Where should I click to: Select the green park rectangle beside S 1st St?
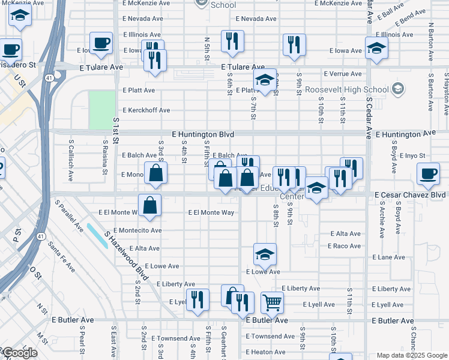(x=101, y=109)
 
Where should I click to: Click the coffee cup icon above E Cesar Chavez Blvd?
(x=428, y=174)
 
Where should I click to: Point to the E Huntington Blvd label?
(x=202, y=134)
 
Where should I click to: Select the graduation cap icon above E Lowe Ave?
(x=265, y=254)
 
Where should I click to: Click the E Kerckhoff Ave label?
(x=146, y=110)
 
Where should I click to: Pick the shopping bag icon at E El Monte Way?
(x=150, y=205)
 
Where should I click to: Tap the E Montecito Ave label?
(x=137, y=230)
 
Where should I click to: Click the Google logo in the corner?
(x=19, y=353)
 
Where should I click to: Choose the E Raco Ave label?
(x=344, y=246)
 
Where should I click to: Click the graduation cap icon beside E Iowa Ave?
(x=376, y=49)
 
